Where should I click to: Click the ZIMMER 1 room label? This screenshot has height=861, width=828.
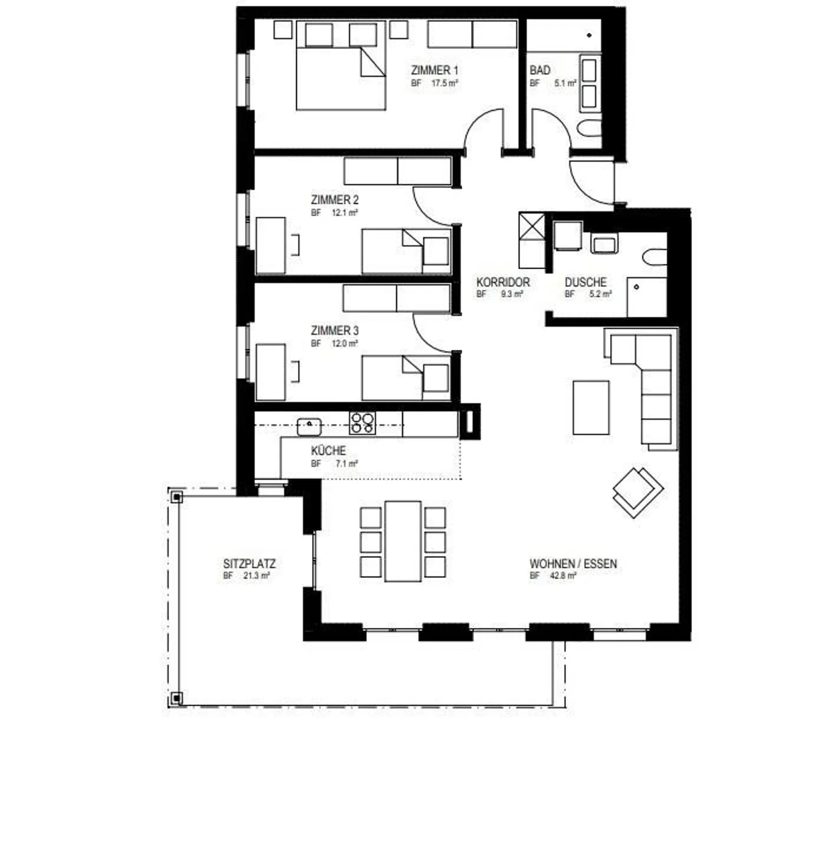[x=435, y=70]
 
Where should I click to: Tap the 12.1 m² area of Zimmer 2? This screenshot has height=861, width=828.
[x=344, y=213]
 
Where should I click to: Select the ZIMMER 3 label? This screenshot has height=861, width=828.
[x=335, y=331]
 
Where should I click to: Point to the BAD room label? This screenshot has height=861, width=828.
[x=540, y=70]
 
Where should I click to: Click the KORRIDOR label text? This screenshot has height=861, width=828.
[x=503, y=282]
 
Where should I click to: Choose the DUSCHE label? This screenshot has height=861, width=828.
[x=585, y=282]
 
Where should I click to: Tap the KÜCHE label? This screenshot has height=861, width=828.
[x=328, y=450]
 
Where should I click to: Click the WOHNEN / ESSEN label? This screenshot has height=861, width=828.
[x=573, y=564]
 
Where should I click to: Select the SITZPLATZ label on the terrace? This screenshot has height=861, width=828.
[x=250, y=564]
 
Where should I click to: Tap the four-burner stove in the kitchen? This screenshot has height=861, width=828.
[x=363, y=423]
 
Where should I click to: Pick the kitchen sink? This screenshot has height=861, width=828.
[x=309, y=426]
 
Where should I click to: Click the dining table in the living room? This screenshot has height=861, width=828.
[x=403, y=541]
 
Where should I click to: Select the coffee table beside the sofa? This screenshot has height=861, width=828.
[x=591, y=407]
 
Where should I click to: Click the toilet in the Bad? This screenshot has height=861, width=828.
[x=589, y=129]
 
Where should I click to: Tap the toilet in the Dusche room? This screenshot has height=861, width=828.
[x=655, y=257]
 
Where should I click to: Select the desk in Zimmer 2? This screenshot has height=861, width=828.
[x=271, y=245]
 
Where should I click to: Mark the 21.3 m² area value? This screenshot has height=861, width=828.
[x=256, y=576]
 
